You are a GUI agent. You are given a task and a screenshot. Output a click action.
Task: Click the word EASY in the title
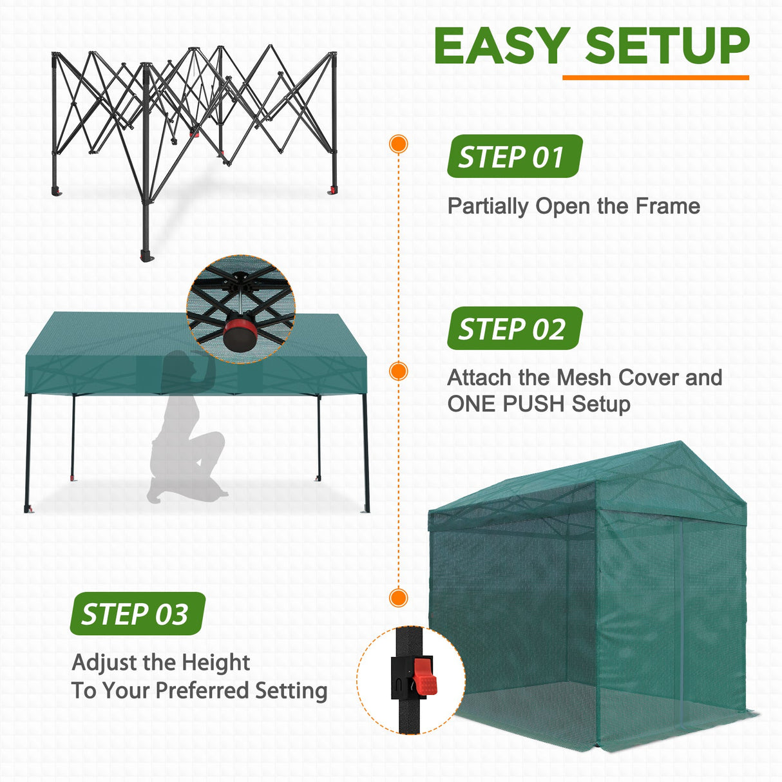(501, 46)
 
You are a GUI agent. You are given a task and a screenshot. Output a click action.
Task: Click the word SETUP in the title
(667, 46)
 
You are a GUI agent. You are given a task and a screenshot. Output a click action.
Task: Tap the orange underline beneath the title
(655, 77)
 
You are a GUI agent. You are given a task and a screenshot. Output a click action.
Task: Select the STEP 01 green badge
(514, 157)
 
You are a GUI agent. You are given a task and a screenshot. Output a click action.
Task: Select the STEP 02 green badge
(514, 329)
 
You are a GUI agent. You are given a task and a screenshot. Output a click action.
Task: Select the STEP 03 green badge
(137, 614)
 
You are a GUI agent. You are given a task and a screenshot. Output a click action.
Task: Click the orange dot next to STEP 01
(399, 144)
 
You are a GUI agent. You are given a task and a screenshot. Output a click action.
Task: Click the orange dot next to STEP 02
(399, 371)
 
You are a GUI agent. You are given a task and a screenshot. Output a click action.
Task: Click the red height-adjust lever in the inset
(424, 676)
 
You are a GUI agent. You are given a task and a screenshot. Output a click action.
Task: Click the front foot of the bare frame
(147, 256)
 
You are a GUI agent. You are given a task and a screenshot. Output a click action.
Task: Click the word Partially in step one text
(488, 206)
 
